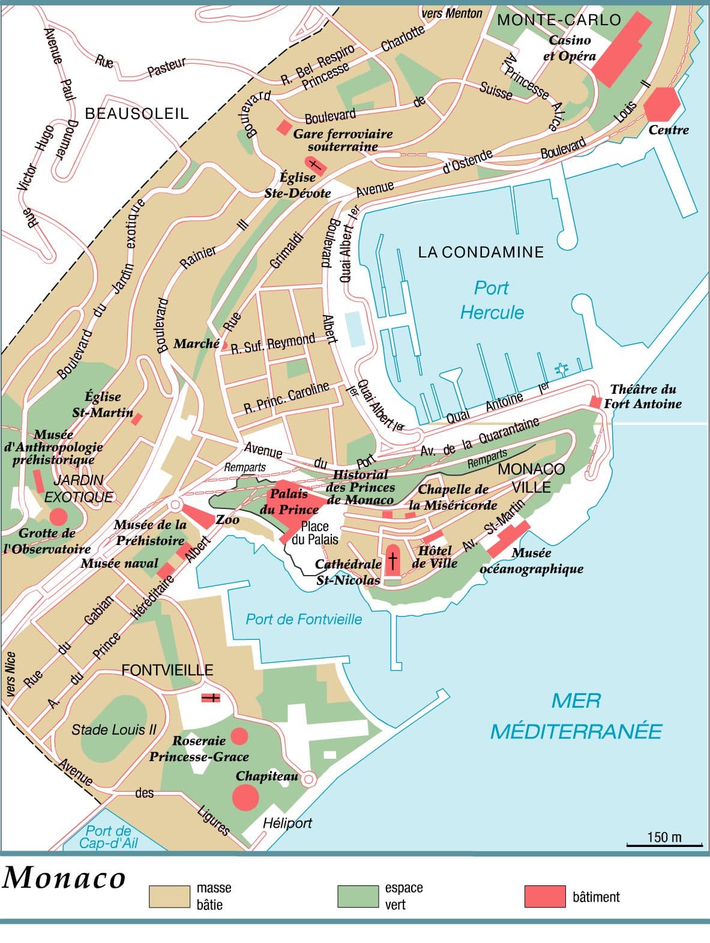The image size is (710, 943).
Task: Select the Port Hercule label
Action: click(x=492, y=300)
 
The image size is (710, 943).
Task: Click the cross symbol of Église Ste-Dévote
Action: click(x=314, y=165)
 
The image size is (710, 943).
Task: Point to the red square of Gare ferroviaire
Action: click(x=283, y=127)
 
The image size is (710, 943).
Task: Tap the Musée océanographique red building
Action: click(x=508, y=539)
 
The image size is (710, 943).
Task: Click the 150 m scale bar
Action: click(x=664, y=845)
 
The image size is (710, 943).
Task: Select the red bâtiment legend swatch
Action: click(x=544, y=896)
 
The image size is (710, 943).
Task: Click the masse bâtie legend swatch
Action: click(x=169, y=896)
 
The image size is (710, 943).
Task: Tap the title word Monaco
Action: click(x=64, y=878)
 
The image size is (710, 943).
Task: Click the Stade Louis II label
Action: click(x=113, y=730)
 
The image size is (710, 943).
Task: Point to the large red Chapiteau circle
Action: click(x=245, y=797)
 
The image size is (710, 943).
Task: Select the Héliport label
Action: click(x=287, y=823)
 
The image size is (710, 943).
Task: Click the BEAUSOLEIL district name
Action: click(x=137, y=113)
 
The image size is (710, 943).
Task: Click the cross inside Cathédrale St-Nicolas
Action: click(x=393, y=561)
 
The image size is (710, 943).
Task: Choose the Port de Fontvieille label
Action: click(x=304, y=619)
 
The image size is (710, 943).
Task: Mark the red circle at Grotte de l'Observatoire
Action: click(x=58, y=516)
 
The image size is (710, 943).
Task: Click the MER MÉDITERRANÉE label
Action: click(x=576, y=716)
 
